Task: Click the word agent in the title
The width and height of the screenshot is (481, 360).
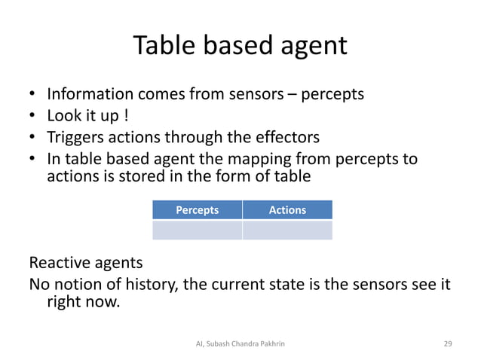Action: pyautogui.click(x=311, y=47)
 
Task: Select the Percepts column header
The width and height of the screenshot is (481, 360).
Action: pyautogui.click(x=197, y=210)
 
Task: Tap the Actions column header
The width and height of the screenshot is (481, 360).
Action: pyautogui.click(x=287, y=210)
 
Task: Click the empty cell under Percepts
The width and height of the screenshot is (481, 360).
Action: pyautogui.click(x=197, y=230)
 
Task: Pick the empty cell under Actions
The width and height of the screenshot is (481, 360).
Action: pyautogui.click(x=287, y=230)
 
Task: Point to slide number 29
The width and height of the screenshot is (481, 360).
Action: pyautogui.click(x=448, y=343)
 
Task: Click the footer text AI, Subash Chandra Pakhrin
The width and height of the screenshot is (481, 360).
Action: pyautogui.click(x=240, y=343)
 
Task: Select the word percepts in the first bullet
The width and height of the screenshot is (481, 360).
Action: pyautogui.click(x=332, y=95)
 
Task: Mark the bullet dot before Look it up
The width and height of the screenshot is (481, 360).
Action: pyautogui.click(x=32, y=117)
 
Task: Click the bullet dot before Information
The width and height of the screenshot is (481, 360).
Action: pyautogui.click(x=32, y=96)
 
